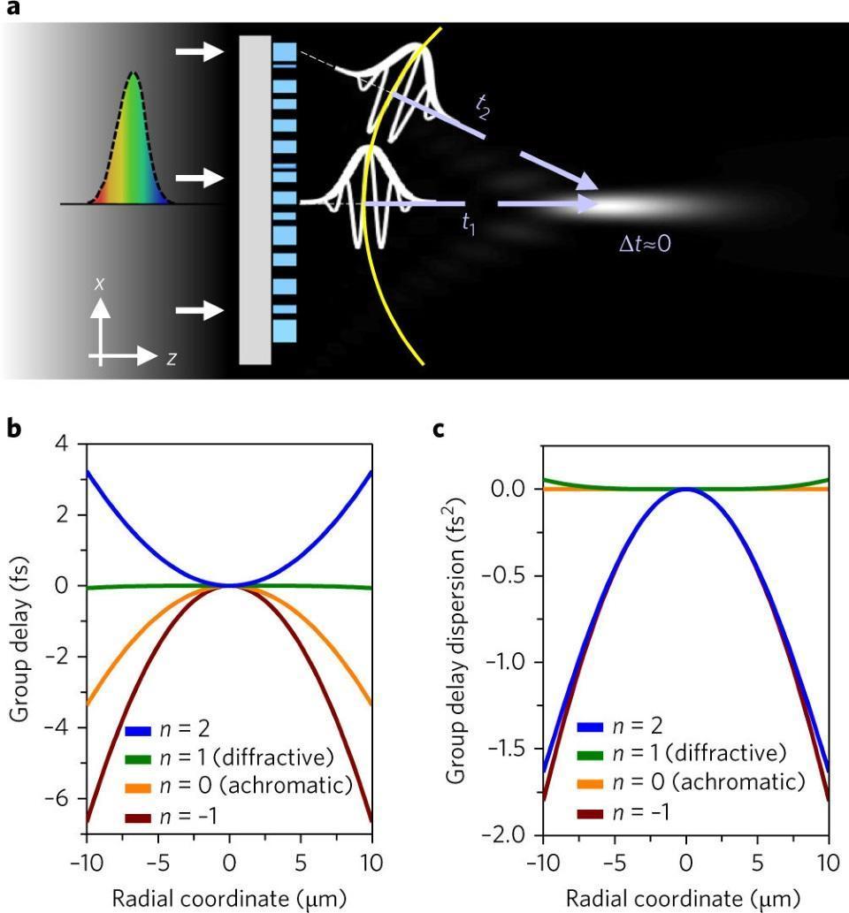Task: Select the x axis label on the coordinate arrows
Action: [x=102, y=285]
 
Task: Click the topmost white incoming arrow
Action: [x=201, y=54]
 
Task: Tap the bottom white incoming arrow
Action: [x=201, y=310]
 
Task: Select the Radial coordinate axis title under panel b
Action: [x=229, y=899]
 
